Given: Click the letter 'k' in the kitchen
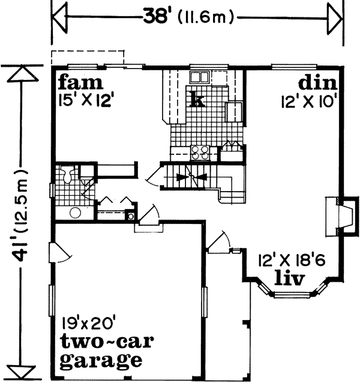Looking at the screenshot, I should click(196, 99).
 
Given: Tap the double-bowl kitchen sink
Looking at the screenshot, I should click(199, 77).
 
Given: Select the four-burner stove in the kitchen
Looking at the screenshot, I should click(200, 153).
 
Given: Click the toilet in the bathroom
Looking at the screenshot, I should click(69, 175).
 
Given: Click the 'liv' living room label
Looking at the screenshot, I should click(290, 279).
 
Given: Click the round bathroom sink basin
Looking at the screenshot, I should click(76, 212).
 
